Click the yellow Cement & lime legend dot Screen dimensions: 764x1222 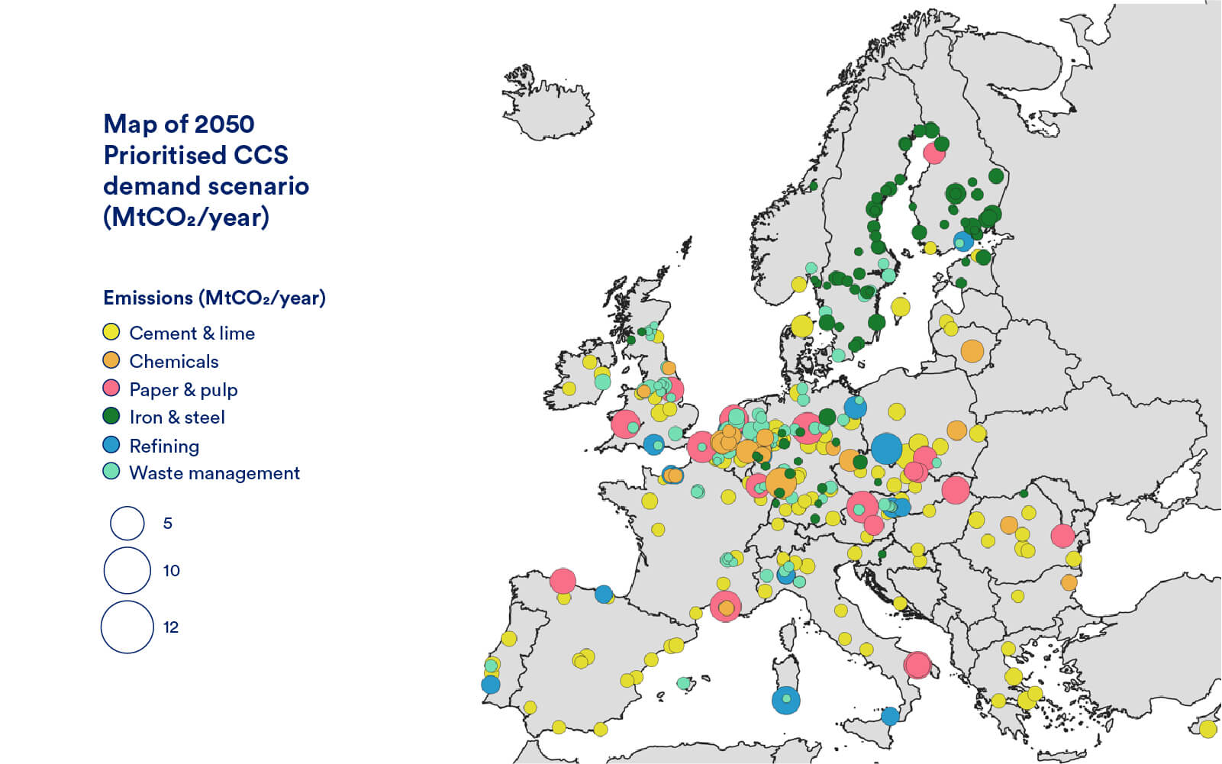point(111,332)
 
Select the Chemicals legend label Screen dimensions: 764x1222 point(173,361)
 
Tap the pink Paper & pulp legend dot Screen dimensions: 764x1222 point(111,388)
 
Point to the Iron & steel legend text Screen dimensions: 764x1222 point(176,417)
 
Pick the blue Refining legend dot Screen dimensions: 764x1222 point(111,444)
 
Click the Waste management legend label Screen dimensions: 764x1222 point(214,472)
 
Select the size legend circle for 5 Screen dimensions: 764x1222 point(127,523)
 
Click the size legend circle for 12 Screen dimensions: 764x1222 point(127,627)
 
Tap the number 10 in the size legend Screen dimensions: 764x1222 point(171,570)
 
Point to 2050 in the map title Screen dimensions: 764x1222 point(224,124)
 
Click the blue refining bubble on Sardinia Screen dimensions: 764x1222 point(785,699)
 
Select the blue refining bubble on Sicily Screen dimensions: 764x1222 point(889,716)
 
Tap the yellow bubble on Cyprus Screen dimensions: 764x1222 point(1207,729)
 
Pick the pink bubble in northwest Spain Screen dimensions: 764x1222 point(563,581)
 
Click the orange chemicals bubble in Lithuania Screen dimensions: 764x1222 point(972,351)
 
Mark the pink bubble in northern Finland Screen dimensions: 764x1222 point(934,153)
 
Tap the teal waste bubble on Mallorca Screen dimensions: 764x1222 point(684,683)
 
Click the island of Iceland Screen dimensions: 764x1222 point(547,107)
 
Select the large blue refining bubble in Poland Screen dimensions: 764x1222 point(886,448)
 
